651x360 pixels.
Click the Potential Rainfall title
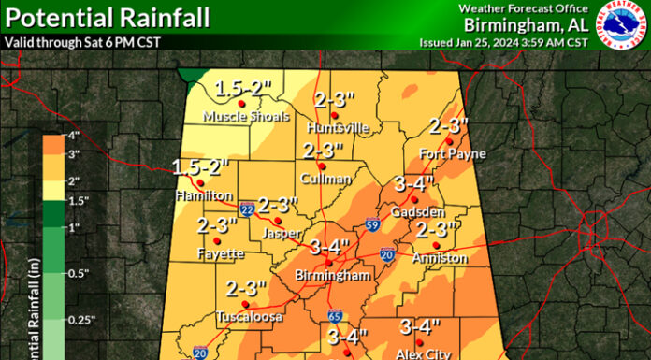[x=105, y=18]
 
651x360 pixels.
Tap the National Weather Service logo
[x=620, y=25]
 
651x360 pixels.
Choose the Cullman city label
[x=325, y=178]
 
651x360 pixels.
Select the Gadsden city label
[x=415, y=212]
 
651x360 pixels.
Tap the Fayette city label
[x=220, y=253]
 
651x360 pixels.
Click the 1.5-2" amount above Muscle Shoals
[x=243, y=90]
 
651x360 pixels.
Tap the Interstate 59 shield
[x=372, y=224]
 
